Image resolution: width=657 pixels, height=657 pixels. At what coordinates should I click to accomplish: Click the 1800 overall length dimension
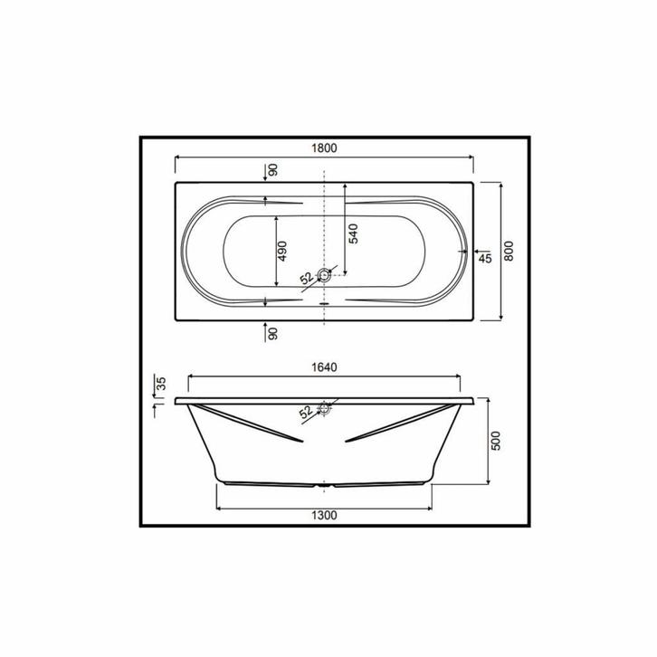tap(324, 148)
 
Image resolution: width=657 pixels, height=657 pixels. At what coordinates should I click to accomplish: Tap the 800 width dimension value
tap(509, 251)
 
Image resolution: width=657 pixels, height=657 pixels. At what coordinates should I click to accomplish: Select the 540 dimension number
tap(354, 233)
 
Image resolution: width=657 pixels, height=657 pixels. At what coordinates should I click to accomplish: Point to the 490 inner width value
tap(282, 251)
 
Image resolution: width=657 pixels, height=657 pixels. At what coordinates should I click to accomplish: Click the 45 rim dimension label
tap(485, 259)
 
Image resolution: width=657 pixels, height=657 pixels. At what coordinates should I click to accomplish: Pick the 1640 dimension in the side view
tap(324, 367)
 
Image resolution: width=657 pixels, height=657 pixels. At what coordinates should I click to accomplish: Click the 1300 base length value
tap(324, 516)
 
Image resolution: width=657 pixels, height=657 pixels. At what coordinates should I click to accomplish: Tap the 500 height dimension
tap(496, 441)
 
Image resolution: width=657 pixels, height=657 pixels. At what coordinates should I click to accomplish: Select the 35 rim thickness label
tap(161, 384)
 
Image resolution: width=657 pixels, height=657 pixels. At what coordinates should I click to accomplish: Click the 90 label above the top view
tap(272, 170)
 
